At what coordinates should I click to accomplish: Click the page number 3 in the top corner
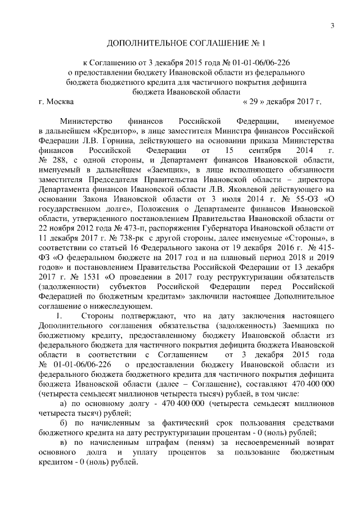coord(332,25)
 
